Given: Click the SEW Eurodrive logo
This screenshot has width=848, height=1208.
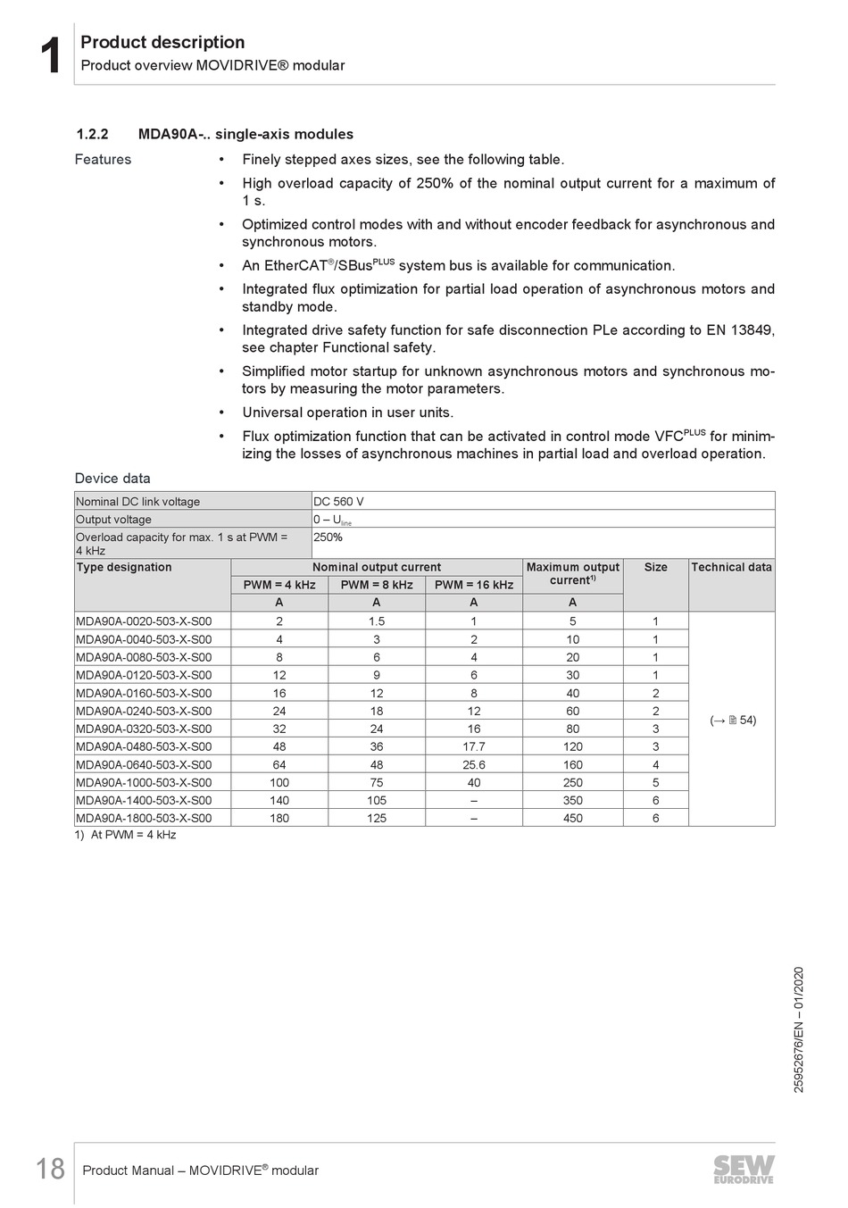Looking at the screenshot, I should [x=744, y=1169].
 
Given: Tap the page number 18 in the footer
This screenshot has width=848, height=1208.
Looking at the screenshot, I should [x=50, y=1169].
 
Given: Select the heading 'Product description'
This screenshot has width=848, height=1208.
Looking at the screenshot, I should [x=162, y=42].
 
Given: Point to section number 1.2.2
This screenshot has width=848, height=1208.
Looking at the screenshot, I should [x=92, y=134].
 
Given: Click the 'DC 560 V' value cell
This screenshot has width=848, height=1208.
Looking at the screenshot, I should [x=338, y=501].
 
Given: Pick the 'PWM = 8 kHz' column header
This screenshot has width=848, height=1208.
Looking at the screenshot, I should [x=377, y=585].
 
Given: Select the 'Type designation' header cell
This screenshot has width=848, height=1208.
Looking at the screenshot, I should [x=124, y=567].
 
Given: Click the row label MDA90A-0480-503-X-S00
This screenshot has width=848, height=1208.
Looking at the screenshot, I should [x=144, y=746].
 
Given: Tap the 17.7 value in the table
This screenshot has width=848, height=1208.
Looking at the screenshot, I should [x=473, y=746].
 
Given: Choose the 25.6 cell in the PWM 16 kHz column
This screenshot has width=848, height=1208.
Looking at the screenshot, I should [x=473, y=764].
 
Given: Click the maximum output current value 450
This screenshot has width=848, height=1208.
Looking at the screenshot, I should [x=572, y=818].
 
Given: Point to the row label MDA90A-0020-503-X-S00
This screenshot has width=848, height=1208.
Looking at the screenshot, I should [x=144, y=621].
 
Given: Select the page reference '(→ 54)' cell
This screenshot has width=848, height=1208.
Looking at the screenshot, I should [x=733, y=720].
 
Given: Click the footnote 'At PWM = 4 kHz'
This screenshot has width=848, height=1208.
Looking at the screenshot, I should [x=133, y=835].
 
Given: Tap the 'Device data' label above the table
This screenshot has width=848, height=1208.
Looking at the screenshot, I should [x=112, y=479].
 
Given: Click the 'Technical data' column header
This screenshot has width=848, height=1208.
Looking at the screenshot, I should [x=731, y=567].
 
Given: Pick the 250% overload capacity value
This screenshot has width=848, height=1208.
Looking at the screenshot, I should [x=328, y=537].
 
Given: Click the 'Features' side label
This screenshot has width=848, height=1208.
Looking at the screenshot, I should [x=103, y=160].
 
